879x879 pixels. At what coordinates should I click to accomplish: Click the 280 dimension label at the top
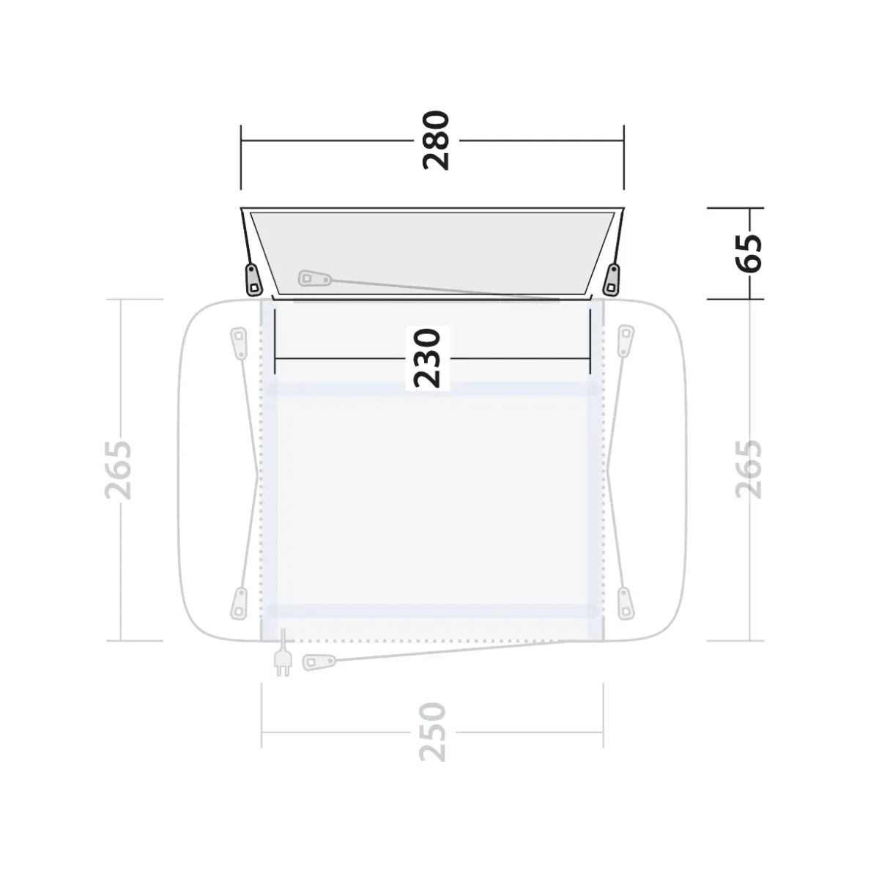click(437, 141)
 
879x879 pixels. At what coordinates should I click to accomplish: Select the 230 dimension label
click(427, 358)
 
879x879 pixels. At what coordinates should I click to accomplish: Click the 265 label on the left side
click(118, 470)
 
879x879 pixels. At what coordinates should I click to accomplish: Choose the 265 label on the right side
click(749, 470)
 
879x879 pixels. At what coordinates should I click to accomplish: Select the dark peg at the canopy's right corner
click(612, 280)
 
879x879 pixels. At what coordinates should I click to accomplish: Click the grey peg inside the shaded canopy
click(315, 278)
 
